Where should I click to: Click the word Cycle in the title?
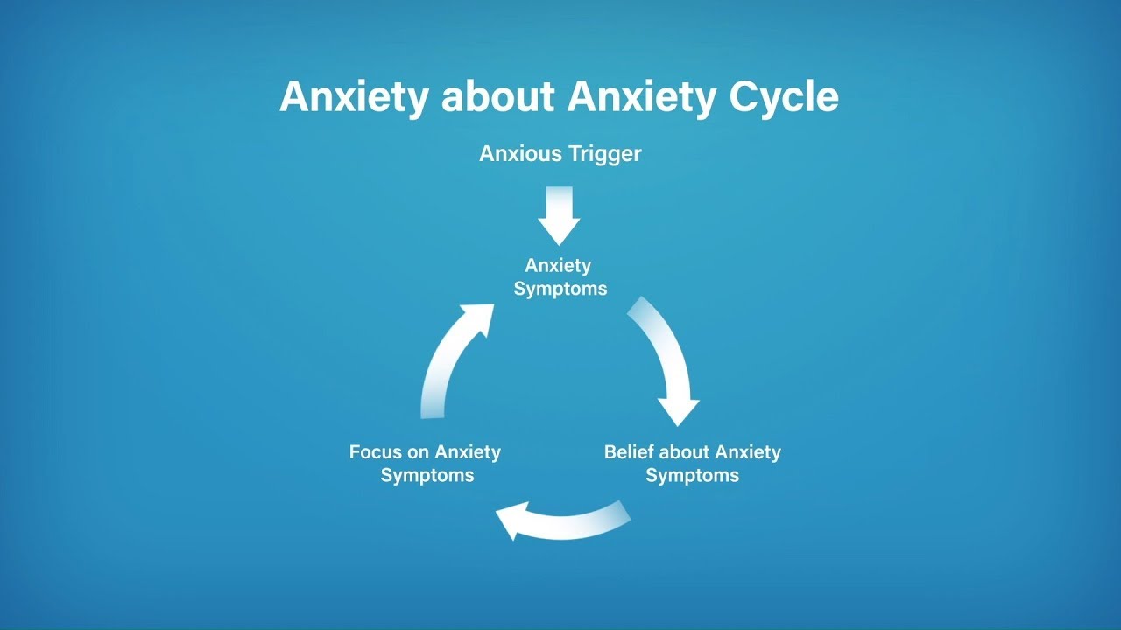[x=784, y=97]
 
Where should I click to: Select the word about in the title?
[x=497, y=97]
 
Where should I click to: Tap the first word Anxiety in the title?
[x=355, y=97]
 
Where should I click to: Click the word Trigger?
[x=604, y=154]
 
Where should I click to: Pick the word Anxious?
[x=520, y=154]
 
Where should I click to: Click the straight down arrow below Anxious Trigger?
[x=559, y=214]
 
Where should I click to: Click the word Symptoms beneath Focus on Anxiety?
[x=427, y=476]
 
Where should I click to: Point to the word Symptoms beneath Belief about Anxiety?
[x=692, y=476]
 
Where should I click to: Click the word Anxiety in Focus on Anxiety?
[x=468, y=452]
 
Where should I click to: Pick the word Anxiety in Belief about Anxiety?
[x=748, y=452]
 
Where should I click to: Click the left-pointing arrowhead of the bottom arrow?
[x=512, y=522]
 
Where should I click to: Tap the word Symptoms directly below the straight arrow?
[x=560, y=289]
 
